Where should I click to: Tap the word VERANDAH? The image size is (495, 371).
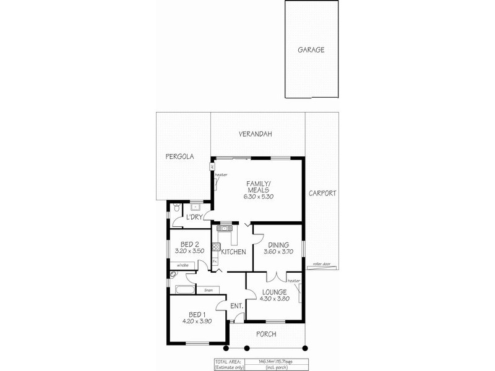(257, 134)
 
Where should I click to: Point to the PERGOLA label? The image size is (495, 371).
(179, 157)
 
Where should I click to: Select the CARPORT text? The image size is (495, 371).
(323, 193)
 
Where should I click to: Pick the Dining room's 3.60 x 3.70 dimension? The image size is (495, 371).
(278, 252)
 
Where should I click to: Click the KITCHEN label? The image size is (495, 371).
(233, 252)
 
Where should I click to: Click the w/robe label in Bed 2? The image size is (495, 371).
(182, 265)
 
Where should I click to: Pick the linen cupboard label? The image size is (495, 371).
(209, 289)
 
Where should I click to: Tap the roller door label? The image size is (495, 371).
(321, 264)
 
